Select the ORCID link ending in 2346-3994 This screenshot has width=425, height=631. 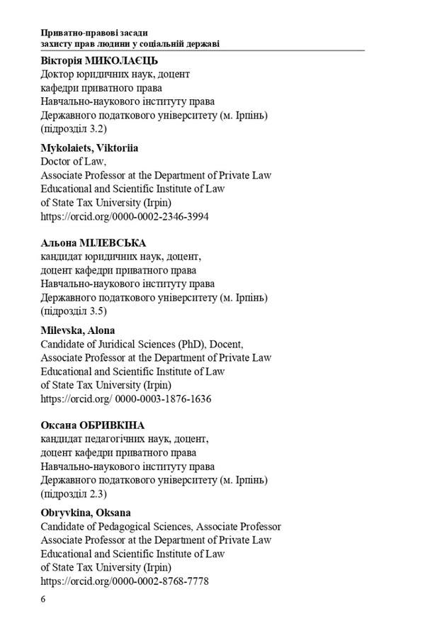click(125, 216)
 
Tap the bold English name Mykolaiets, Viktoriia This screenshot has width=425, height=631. click(89, 148)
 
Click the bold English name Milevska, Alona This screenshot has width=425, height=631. click(78, 330)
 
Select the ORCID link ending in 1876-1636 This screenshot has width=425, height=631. click(126, 398)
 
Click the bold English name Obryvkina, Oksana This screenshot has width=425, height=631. click(86, 513)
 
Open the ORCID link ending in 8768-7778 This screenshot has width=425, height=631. click(125, 581)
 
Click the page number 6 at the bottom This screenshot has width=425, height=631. click(43, 599)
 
